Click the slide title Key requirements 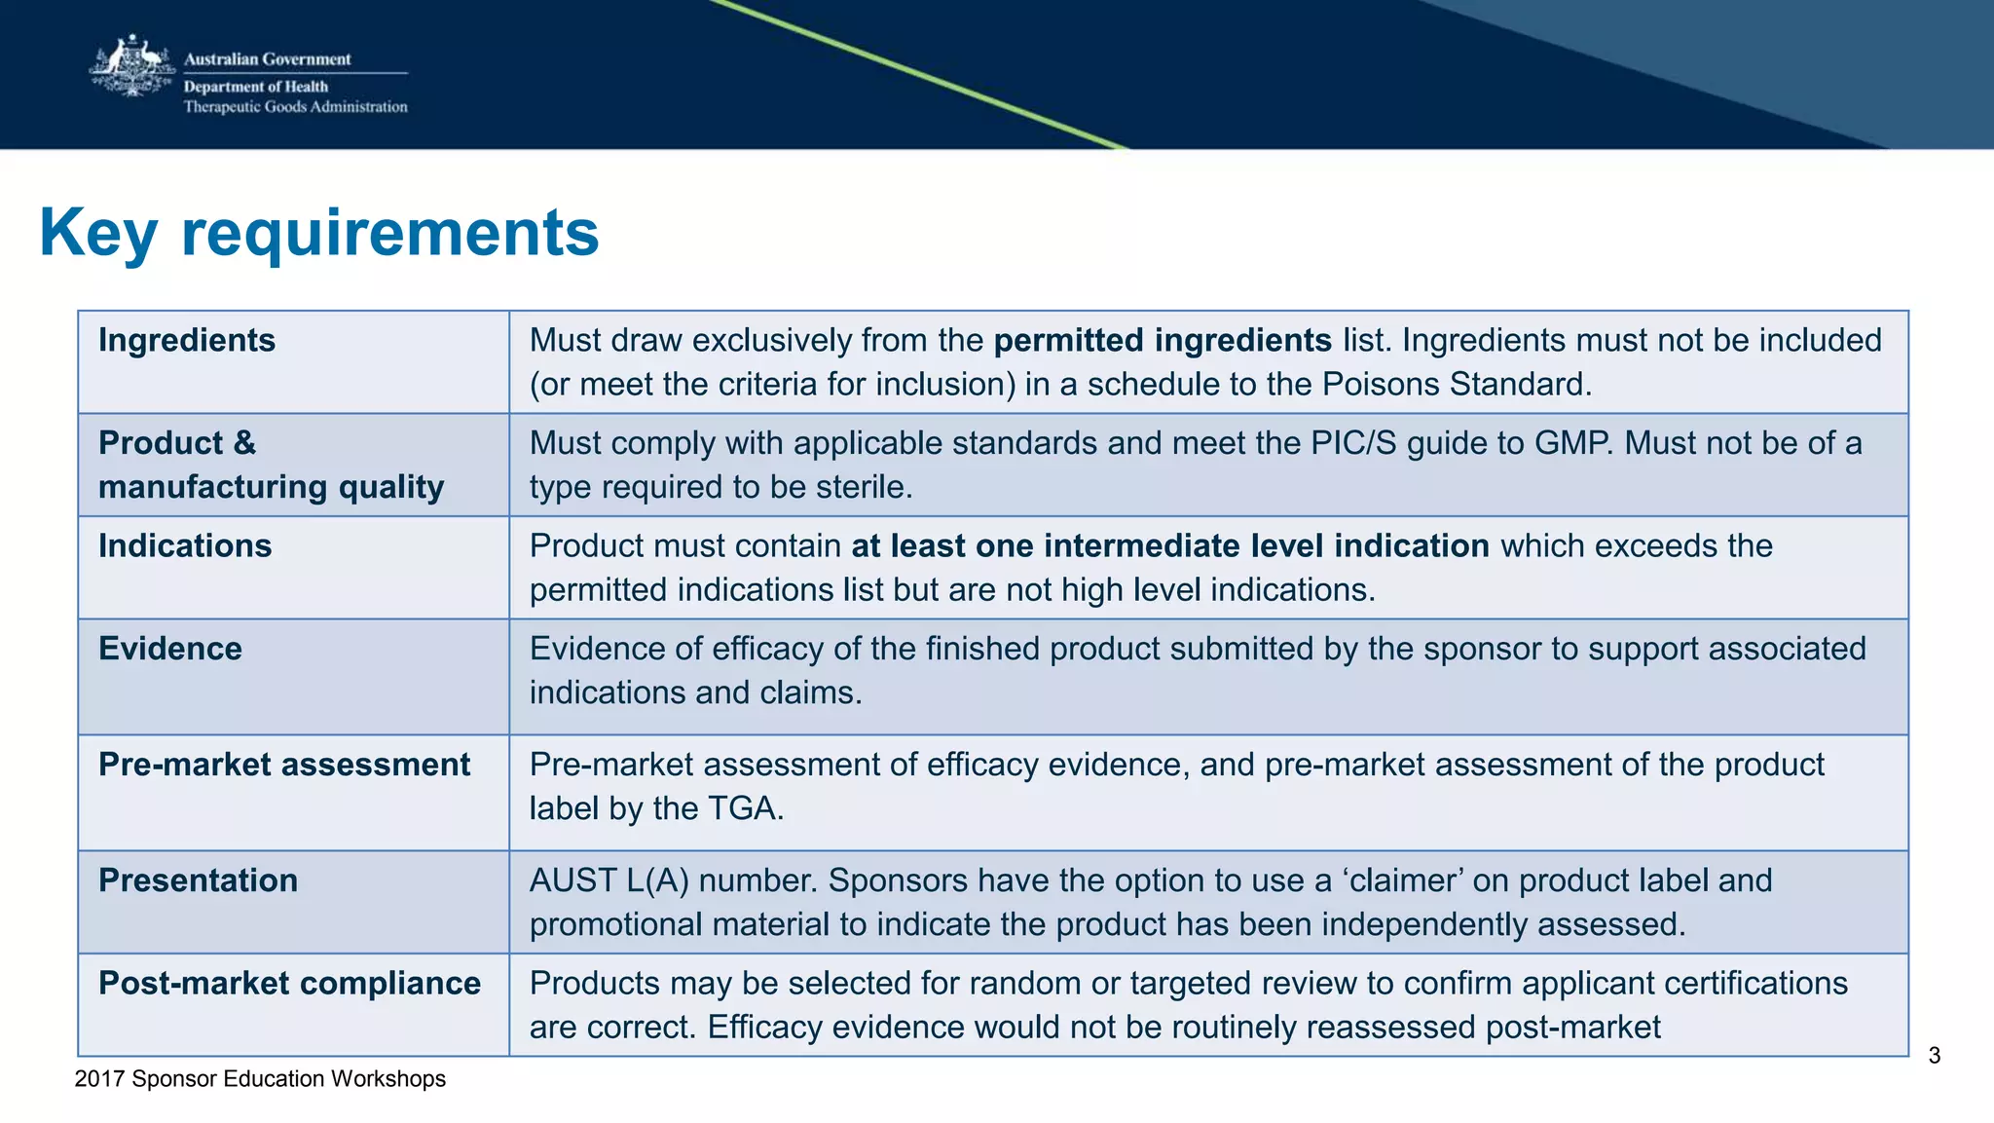pyautogui.click(x=318, y=233)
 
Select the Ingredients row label pyautogui.click(x=187, y=341)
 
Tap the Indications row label pyautogui.click(x=185, y=546)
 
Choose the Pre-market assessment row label pyautogui.click(x=284, y=766)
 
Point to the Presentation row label pyautogui.click(x=199, y=881)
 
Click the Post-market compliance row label pyautogui.click(x=289, y=984)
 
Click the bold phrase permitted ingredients pyautogui.click(x=1163, y=341)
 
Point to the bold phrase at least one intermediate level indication pyautogui.click(x=1169, y=546)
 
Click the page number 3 pyautogui.click(x=1934, y=1056)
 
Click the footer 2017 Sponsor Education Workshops pyautogui.click(x=260, y=1079)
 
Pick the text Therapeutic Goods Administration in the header pyautogui.click(x=295, y=107)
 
